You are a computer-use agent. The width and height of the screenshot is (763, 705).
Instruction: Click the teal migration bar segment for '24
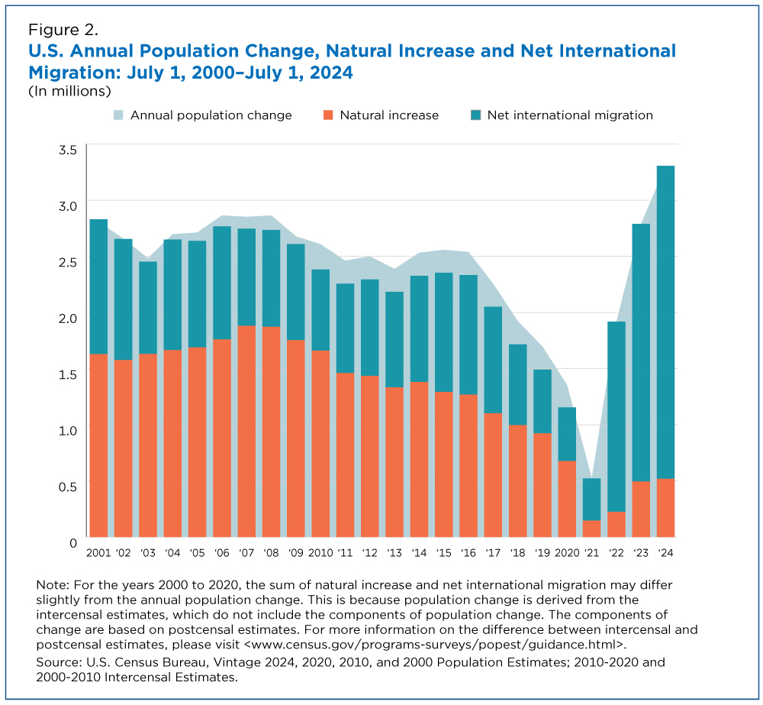(x=665, y=322)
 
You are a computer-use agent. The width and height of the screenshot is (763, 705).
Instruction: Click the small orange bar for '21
(x=592, y=528)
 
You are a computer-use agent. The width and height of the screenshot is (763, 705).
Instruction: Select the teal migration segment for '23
(x=641, y=352)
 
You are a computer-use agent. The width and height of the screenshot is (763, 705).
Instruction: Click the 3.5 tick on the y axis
(x=67, y=149)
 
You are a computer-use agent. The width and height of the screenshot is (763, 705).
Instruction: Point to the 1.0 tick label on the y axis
(x=67, y=430)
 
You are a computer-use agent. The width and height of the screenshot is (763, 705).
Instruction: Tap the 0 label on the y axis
(x=73, y=542)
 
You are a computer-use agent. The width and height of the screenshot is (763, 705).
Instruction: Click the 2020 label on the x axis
(x=568, y=552)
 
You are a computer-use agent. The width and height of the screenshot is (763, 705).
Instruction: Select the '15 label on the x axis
(x=443, y=552)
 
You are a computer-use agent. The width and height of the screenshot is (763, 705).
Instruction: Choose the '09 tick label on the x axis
(x=295, y=552)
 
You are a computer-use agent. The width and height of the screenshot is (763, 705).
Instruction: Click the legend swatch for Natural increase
(x=329, y=115)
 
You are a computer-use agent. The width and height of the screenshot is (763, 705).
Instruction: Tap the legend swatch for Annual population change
(x=120, y=115)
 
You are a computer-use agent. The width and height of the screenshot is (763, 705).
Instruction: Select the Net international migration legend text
(x=570, y=115)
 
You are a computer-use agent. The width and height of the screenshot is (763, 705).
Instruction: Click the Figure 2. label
(x=63, y=31)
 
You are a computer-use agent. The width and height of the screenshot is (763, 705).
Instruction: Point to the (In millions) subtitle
(x=70, y=91)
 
